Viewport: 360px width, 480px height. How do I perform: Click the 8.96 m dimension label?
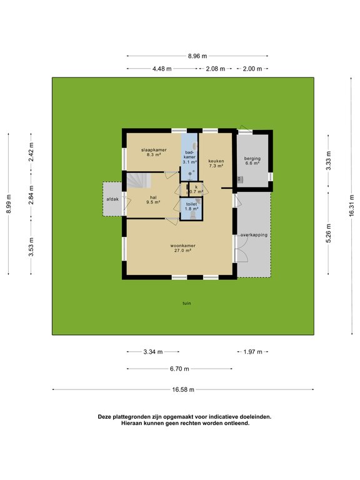197,56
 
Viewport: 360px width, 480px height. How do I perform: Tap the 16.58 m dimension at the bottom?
183,389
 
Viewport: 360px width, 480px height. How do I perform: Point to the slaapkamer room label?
153,150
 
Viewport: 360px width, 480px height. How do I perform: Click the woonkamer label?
182,246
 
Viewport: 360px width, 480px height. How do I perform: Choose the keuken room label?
216,161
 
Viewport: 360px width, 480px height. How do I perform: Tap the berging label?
252,159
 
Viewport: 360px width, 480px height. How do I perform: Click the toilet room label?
192,204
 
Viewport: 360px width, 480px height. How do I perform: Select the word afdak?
113,199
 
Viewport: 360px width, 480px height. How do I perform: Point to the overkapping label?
254,235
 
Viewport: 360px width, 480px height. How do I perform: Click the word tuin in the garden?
186,303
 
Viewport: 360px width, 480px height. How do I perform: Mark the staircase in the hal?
139,181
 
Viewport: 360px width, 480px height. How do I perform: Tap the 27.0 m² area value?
182,251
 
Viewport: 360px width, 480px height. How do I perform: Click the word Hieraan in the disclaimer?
134,423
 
